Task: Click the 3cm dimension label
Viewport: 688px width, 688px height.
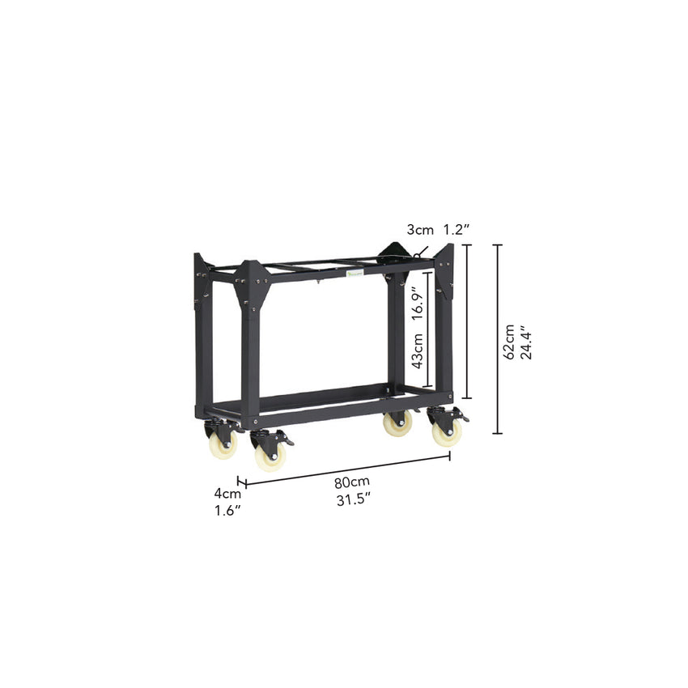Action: (420, 230)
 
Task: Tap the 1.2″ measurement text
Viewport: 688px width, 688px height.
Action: (457, 230)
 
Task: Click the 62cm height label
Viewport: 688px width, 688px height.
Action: (509, 342)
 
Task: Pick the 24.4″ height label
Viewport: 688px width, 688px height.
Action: (526, 342)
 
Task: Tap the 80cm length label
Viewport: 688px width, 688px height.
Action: (349, 483)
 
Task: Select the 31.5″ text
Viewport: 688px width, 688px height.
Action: (353, 500)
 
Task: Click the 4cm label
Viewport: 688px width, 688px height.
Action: (227, 494)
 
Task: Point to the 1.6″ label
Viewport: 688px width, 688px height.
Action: (227, 511)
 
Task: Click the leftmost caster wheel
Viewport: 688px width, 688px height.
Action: (222, 443)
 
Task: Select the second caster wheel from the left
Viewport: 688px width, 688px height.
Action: (270, 455)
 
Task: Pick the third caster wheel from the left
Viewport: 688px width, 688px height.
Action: (397, 423)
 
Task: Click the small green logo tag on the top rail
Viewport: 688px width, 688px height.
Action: (354, 275)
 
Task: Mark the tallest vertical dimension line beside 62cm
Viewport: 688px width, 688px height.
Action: (498, 339)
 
